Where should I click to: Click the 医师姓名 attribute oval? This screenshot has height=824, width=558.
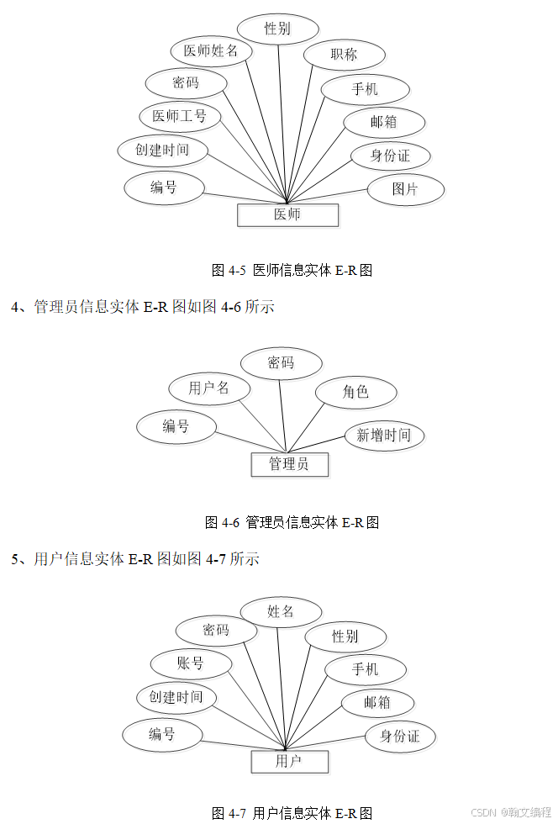tap(211, 50)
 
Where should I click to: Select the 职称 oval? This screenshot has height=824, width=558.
tap(345, 55)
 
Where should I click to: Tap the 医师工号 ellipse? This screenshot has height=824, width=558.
tap(180, 116)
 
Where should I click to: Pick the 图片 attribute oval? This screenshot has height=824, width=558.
tap(405, 189)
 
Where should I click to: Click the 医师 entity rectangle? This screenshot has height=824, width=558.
tap(287, 214)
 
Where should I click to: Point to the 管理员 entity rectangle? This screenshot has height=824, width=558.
tap(289, 464)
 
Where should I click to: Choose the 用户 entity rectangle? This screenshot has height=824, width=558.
tap(289, 762)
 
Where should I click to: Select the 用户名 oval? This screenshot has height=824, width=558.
tap(209, 388)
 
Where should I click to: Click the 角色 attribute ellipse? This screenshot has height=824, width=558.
tap(355, 392)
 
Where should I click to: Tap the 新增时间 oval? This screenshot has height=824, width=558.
tap(384, 436)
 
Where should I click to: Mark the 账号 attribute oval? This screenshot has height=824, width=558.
tap(191, 663)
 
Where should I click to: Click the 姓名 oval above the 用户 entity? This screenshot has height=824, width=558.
tap(281, 612)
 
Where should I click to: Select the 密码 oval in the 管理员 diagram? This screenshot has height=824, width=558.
tap(281, 363)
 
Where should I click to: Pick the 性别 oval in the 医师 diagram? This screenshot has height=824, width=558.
tap(277, 29)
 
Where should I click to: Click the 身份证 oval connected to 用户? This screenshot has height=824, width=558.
tap(400, 737)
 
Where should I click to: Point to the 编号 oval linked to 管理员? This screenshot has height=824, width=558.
tap(176, 426)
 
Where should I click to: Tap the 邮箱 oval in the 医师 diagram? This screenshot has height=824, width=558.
tap(383, 122)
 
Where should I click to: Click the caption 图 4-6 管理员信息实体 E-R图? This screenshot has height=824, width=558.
tap(292, 522)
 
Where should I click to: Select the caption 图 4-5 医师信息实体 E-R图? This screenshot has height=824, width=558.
tap(291, 270)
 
